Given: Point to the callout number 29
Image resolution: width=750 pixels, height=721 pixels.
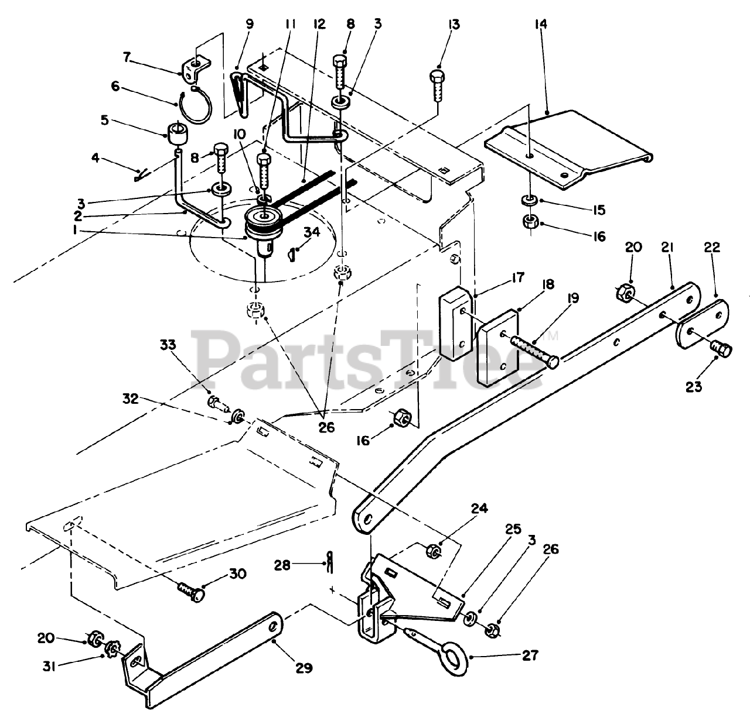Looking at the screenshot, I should point(304,667).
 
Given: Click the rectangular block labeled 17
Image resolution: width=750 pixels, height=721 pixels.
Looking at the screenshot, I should point(455,321).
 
